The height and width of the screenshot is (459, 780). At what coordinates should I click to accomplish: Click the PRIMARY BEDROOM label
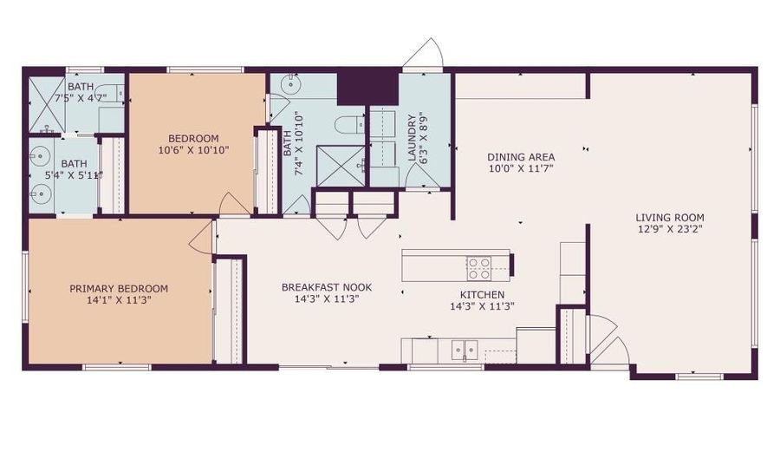point(119,289)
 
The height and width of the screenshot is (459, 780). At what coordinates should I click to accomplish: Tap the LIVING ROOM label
point(669,218)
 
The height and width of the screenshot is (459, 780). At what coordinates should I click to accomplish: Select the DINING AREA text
point(520,157)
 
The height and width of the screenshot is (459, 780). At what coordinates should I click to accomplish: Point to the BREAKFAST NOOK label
point(320,287)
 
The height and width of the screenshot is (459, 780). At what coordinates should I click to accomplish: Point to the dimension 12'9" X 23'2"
point(669,230)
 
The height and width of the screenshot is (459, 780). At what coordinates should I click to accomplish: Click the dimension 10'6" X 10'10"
point(193,150)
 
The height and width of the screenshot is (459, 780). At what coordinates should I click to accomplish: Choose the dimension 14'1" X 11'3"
point(119,301)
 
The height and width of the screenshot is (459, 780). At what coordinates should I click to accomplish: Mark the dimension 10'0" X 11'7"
point(520,169)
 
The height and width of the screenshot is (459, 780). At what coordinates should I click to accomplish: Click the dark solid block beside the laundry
point(367,88)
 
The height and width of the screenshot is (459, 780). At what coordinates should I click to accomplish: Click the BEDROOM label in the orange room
point(193,138)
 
